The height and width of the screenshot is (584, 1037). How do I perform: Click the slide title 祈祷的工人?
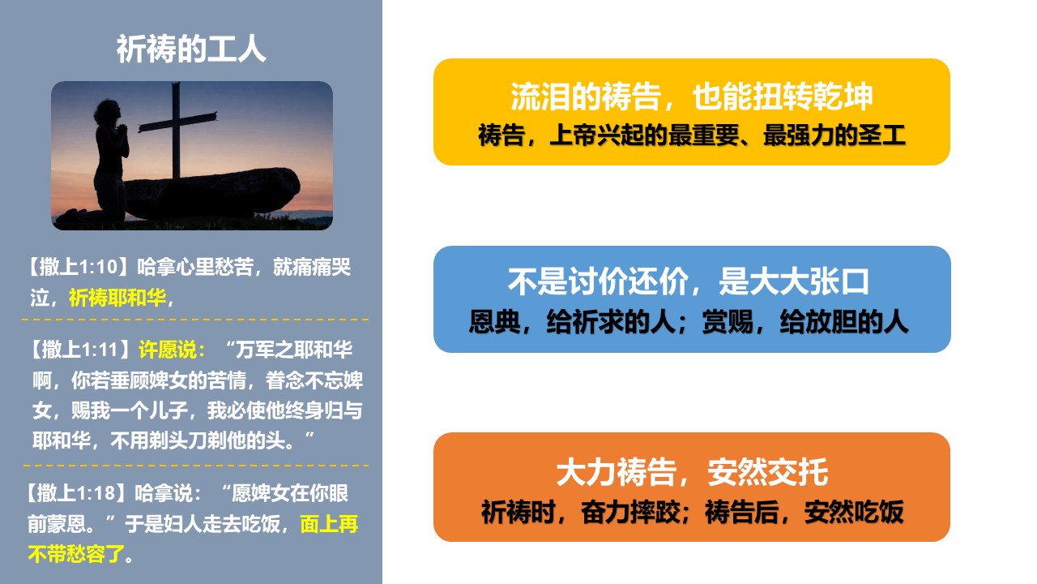190,49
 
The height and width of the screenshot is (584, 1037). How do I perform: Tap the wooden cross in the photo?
176,130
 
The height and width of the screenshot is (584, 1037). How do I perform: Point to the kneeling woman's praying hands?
123,130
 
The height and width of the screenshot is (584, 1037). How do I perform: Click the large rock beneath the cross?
211,194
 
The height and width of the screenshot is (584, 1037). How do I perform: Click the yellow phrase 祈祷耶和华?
117,298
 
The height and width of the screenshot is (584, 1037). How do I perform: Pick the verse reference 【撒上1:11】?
81,350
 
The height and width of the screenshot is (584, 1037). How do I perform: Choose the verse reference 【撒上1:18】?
76,493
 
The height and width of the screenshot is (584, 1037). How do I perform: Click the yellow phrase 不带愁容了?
76,554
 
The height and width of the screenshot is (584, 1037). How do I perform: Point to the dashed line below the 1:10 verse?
195,320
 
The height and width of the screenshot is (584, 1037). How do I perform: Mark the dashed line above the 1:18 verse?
195,465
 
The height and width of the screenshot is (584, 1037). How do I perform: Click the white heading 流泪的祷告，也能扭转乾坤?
692,97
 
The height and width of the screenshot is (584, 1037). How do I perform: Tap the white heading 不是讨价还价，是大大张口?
689,281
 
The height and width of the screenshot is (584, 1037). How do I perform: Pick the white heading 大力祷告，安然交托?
692,472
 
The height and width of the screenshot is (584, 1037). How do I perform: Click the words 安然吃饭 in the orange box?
854,512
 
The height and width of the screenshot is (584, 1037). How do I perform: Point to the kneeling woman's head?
108,111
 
